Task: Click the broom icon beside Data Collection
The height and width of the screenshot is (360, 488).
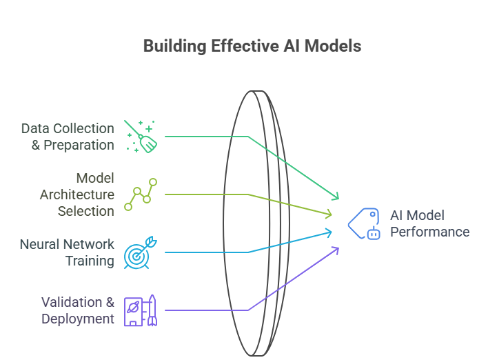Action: (141, 136)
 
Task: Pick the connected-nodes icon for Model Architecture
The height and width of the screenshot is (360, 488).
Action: (141, 194)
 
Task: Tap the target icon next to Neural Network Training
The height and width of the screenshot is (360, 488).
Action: (141, 252)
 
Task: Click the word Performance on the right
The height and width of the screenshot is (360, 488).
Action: (429, 232)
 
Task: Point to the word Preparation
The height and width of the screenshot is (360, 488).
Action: (79, 145)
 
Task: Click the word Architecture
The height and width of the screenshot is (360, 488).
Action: (77, 194)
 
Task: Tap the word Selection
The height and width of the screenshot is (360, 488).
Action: (86, 211)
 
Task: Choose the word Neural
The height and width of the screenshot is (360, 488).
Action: (40, 244)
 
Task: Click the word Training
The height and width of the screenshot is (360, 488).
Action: (90, 261)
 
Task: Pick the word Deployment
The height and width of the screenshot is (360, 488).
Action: (78, 319)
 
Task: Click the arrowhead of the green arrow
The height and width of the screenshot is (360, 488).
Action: (336, 197)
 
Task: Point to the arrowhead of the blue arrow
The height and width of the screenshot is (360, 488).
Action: (329, 232)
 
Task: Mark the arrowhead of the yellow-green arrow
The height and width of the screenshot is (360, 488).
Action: (329, 214)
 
